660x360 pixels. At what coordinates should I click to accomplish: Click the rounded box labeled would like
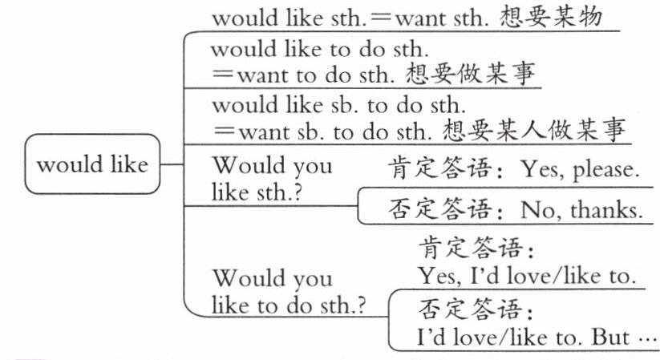point(92,165)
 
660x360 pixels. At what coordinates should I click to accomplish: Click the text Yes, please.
point(580,169)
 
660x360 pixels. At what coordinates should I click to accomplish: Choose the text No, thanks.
point(581,210)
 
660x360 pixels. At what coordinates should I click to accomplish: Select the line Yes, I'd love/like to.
point(526,276)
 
